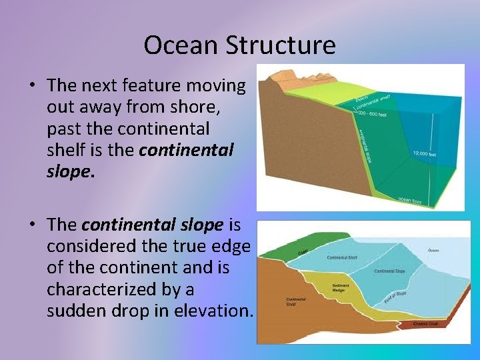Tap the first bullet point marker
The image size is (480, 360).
[x=32, y=86]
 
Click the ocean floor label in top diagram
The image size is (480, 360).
[x=409, y=199]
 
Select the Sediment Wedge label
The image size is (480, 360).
[x=341, y=288]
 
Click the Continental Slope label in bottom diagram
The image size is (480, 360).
[x=391, y=271]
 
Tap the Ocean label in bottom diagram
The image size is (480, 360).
[x=433, y=251]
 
